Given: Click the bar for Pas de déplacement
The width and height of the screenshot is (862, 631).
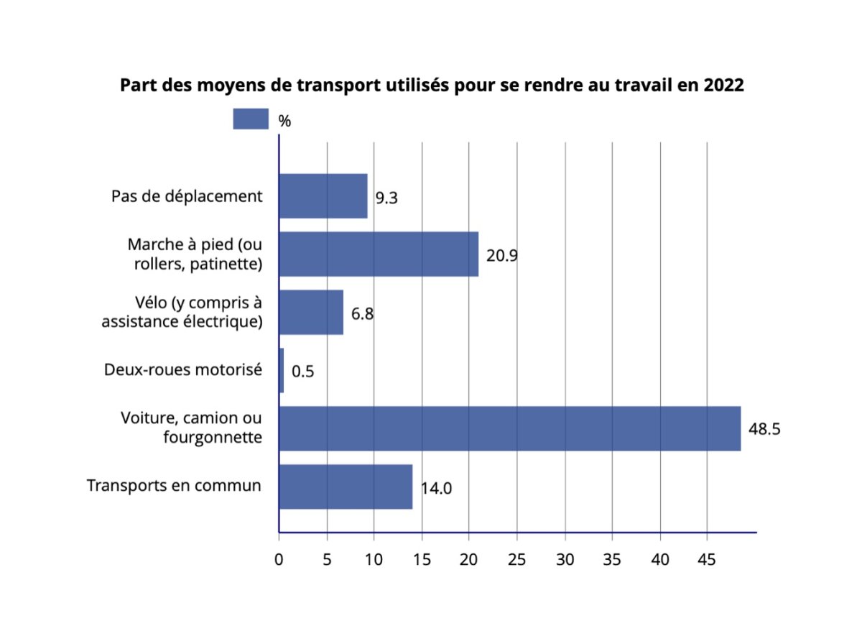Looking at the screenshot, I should pyautogui.click(x=323, y=196).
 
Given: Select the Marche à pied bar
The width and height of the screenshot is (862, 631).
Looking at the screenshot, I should pyautogui.click(x=379, y=254).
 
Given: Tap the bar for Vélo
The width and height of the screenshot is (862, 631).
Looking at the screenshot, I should pyautogui.click(x=311, y=313).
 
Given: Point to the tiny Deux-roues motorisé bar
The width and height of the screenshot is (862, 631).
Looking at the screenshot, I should pyautogui.click(x=281, y=371).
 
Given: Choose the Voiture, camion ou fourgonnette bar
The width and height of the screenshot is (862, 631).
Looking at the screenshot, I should pyautogui.click(x=509, y=429).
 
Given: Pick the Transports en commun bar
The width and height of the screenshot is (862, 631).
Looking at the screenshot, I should pyautogui.click(x=346, y=487).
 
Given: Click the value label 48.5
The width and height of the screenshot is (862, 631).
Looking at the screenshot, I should pyautogui.click(x=764, y=430).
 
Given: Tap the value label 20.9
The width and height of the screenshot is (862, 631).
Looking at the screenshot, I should pyautogui.click(x=502, y=256).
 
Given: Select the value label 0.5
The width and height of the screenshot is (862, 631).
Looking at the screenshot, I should pyautogui.click(x=303, y=372).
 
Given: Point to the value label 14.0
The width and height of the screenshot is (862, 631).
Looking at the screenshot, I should pyautogui.click(x=436, y=488).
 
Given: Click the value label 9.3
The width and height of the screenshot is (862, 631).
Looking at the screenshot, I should pyautogui.click(x=386, y=198).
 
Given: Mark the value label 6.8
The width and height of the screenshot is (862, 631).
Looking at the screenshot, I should pyautogui.click(x=362, y=314).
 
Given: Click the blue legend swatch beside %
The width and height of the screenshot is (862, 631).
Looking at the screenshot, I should pyautogui.click(x=251, y=119).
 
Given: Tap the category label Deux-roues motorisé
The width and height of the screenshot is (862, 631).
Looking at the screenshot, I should pyautogui.click(x=182, y=369).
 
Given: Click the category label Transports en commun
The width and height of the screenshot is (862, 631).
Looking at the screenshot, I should pyautogui.click(x=174, y=485).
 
